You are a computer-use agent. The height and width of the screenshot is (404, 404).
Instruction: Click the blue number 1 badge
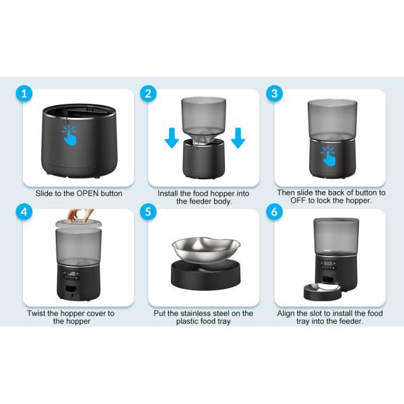24,94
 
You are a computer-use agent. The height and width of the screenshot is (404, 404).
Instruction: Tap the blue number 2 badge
148,94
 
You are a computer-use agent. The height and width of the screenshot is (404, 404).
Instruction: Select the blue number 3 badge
275,94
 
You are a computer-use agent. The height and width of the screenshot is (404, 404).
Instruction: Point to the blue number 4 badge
24,211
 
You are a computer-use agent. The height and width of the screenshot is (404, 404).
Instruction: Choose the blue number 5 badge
148,211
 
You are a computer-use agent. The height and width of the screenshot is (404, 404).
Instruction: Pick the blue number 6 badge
275,211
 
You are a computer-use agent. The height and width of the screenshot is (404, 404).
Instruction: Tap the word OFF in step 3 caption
298,201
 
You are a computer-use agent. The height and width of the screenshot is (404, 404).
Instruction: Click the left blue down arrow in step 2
172,138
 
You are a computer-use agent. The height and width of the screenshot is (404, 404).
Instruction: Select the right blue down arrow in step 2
238,138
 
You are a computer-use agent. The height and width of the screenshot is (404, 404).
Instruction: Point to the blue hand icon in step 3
329,156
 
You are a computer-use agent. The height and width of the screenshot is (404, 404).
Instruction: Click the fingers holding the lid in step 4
80,215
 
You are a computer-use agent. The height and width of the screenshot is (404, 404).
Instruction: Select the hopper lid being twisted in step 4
79,224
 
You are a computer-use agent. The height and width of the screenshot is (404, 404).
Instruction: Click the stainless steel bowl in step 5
206,249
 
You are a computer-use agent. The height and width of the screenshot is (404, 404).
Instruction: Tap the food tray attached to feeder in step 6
323,292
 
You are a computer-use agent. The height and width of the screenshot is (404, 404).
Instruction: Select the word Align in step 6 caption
285,314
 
